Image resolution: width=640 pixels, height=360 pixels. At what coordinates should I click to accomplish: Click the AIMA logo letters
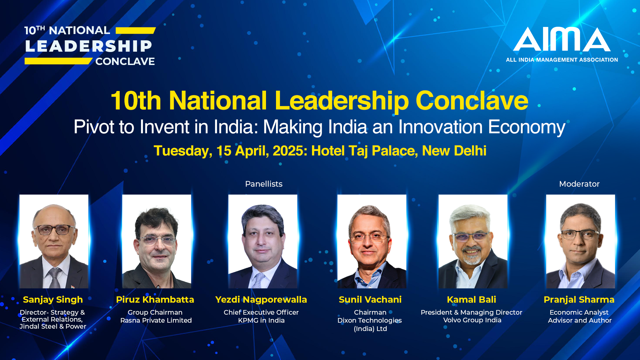pos(562,39)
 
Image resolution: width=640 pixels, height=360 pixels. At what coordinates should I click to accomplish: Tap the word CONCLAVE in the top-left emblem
pos(125,62)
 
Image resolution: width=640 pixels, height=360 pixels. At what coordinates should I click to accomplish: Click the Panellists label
pos(264,184)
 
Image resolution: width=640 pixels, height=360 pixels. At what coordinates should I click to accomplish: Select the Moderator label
pos(579,184)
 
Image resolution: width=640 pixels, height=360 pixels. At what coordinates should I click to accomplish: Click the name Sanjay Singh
pos(53,300)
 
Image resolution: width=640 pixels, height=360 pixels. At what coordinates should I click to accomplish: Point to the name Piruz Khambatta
pos(155,300)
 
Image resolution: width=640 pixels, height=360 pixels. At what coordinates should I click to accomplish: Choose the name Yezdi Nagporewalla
pos(261,300)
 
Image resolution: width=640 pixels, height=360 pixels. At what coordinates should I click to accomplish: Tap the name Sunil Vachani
pos(370,300)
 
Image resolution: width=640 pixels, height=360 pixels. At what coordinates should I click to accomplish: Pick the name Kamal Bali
pos(471,300)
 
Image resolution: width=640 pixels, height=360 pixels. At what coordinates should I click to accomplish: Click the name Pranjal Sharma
pos(579,300)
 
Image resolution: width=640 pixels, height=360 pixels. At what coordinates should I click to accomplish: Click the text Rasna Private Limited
pos(156,320)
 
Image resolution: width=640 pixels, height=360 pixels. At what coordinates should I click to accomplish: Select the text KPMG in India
pos(261,320)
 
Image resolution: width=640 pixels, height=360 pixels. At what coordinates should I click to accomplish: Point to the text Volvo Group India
pos(472,320)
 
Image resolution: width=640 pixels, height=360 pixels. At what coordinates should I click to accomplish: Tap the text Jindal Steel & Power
pos(53,326)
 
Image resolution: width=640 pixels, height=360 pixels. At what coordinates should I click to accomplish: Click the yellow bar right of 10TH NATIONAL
pos(136,31)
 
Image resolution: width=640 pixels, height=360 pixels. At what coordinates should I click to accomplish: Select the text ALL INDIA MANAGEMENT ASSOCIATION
pos(562,60)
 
